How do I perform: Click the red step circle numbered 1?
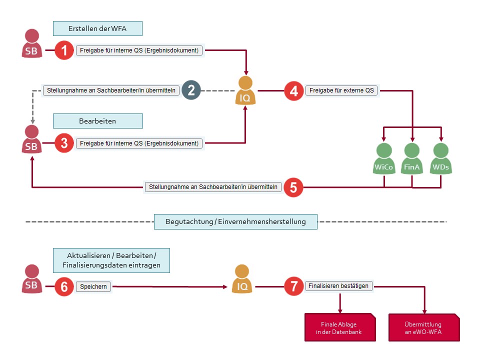click(x=64, y=50)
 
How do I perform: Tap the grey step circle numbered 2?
click(x=191, y=90)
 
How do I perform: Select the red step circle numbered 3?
click(x=64, y=143)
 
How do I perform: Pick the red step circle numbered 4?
click(x=294, y=90)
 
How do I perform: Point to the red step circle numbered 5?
click(x=293, y=187)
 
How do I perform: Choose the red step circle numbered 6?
click(x=64, y=287)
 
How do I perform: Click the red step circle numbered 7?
click(x=294, y=286)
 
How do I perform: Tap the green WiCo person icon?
click(x=383, y=159)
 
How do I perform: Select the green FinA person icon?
click(x=412, y=159)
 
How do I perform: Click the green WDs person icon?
click(x=440, y=159)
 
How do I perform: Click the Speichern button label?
click(x=93, y=287)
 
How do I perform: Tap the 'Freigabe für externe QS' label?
click(x=341, y=90)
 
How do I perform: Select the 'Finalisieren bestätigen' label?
click(x=338, y=286)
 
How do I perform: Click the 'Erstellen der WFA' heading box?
click(x=97, y=28)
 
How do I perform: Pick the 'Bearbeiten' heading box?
click(x=97, y=121)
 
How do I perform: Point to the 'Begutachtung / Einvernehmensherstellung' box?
click(x=235, y=221)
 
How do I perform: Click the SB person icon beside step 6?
click(x=31, y=279)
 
